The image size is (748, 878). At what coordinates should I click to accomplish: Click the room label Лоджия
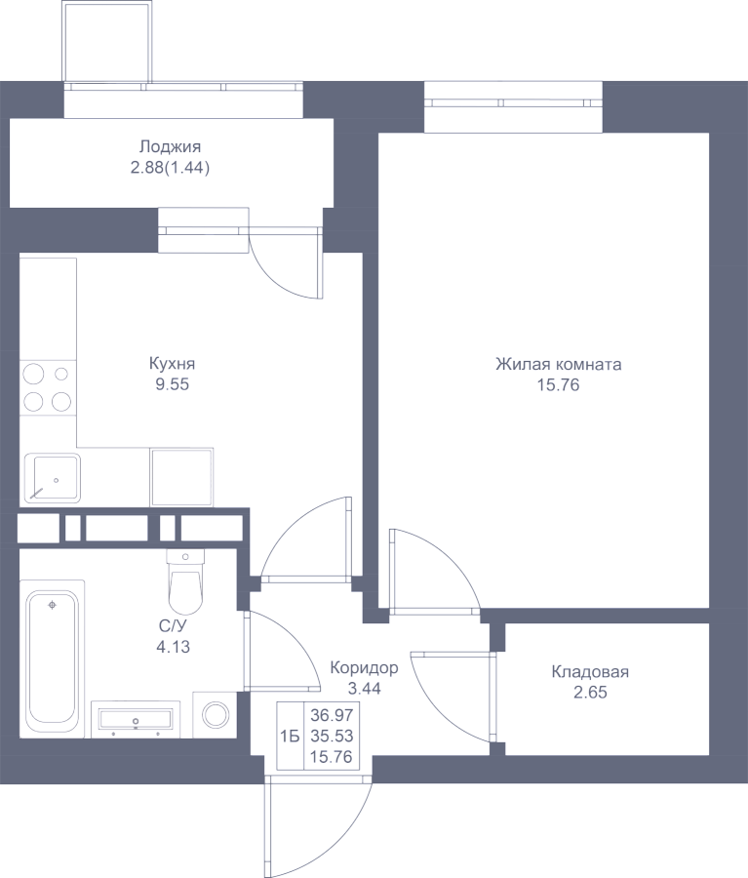tap(170, 146)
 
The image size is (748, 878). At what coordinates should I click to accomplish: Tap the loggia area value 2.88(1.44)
tap(170, 168)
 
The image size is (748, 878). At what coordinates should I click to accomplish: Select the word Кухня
tap(172, 364)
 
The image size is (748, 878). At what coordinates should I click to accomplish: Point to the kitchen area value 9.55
tap(172, 384)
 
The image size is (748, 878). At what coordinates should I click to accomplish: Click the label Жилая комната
tap(558, 365)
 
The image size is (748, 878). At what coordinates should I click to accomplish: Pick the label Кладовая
tap(590, 671)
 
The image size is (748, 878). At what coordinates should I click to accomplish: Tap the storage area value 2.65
tap(590, 693)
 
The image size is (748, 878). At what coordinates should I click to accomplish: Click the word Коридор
tap(364, 668)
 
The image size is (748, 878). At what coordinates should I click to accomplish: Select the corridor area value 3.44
tap(364, 689)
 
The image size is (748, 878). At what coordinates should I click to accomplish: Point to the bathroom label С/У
tap(172, 626)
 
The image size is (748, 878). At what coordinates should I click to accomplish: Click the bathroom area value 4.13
tap(173, 648)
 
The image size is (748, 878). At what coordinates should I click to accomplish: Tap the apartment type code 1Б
tap(290, 737)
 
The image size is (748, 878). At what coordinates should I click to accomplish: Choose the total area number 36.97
tap(332, 715)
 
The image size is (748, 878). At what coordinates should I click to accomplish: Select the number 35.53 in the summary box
tap(332, 736)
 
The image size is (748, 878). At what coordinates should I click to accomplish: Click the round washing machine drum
tap(217, 715)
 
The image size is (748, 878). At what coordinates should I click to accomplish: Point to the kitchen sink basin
tap(53, 478)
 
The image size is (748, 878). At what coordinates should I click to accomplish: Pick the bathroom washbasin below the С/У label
tap(136, 718)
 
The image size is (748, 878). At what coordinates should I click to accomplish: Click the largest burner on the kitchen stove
tap(33, 374)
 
